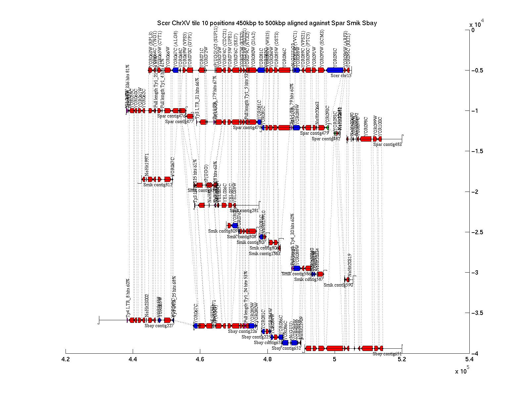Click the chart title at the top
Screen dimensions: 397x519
point(267,23)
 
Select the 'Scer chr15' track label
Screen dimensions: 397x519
point(341,75)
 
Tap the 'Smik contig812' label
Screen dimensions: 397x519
point(158,185)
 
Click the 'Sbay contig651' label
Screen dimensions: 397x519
point(387,354)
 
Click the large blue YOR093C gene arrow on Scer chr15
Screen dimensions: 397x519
point(335,70)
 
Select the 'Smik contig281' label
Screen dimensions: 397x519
point(244,211)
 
